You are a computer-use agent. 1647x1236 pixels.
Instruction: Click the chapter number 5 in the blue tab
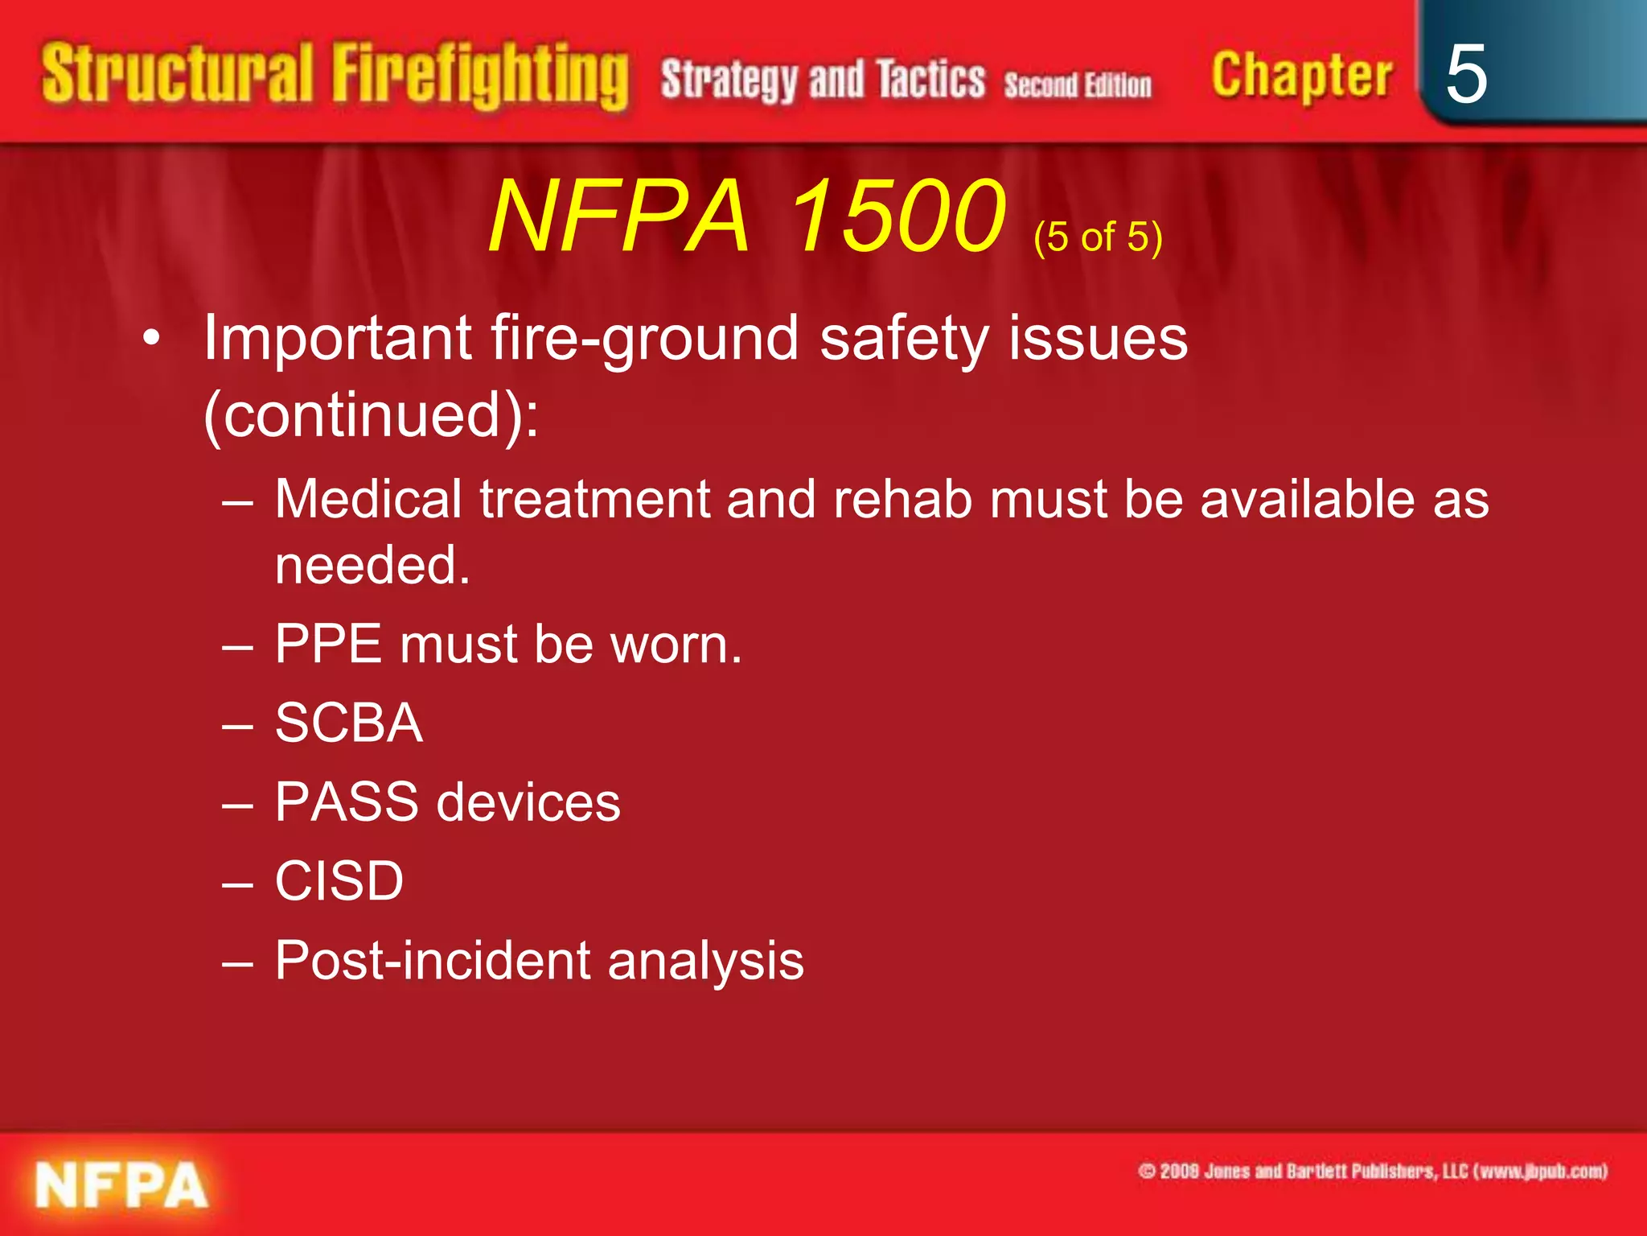(x=1465, y=74)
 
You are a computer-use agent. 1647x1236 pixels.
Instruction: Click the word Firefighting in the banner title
(x=480, y=76)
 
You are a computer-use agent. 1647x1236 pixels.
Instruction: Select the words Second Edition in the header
(x=1077, y=84)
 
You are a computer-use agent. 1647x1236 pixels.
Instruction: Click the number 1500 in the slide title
(x=897, y=216)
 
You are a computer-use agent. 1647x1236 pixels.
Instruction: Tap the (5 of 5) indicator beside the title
(x=1098, y=237)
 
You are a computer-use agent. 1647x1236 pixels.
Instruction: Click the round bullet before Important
(x=151, y=340)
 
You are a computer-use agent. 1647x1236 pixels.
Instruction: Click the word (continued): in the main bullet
(x=371, y=415)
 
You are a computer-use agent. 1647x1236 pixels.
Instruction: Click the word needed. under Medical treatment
(x=372, y=565)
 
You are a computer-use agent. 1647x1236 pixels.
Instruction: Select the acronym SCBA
(x=348, y=723)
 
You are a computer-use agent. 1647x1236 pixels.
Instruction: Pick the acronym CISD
(x=339, y=880)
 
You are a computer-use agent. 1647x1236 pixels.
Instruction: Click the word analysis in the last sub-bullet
(x=705, y=960)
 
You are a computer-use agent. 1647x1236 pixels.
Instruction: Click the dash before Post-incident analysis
(x=238, y=962)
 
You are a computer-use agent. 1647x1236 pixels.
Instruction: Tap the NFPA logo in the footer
(x=121, y=1185)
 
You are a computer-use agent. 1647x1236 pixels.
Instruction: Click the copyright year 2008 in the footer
(x=1180, y=1172)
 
